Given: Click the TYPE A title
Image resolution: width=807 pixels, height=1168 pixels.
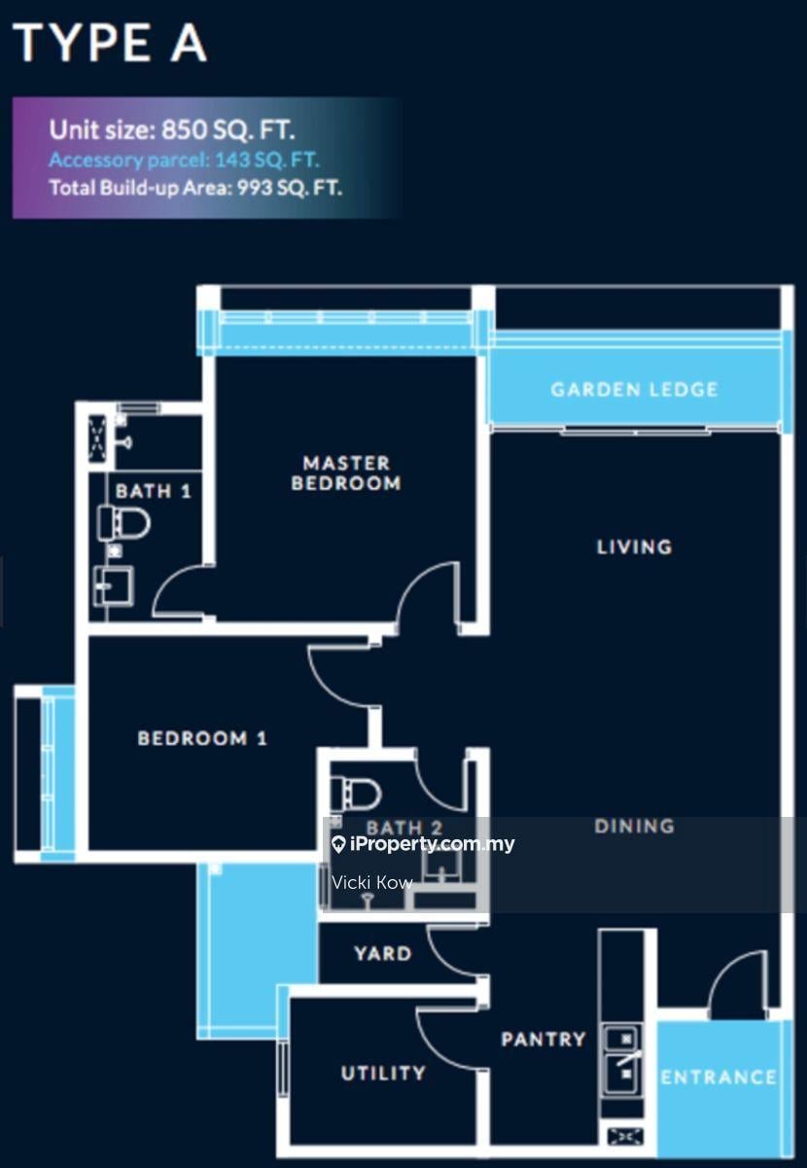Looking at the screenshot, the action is (111, 43).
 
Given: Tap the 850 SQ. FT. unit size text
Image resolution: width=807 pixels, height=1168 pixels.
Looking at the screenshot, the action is (228, 130).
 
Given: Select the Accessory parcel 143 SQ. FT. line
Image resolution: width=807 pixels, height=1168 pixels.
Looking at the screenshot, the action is (184, 159).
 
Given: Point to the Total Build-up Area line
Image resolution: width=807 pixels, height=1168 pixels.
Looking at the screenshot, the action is (195, 187).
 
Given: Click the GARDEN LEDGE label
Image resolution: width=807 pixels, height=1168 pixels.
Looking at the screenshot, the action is (635, 390).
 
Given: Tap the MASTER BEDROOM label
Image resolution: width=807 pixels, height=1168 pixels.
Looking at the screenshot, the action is (346, 473).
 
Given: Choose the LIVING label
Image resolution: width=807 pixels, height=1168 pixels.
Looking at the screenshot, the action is (635, 547).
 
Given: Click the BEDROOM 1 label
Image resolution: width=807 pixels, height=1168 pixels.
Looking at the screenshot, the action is (202, 738).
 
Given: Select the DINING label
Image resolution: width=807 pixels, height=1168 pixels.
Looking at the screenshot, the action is (635, 826).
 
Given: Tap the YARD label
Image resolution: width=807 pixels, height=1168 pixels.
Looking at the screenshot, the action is (383, 954).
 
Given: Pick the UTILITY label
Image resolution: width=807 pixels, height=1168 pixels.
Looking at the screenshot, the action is (383, 1073).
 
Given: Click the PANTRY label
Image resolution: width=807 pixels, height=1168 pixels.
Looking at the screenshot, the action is (544, 1040).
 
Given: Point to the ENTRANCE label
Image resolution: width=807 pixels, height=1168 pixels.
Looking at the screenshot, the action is (719, 1078).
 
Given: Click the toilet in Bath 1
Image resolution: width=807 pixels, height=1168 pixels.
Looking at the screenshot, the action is (123, 523).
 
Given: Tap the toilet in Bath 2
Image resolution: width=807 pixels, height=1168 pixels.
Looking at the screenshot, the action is (356, 794).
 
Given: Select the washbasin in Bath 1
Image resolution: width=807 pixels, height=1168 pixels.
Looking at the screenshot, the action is (113, 586).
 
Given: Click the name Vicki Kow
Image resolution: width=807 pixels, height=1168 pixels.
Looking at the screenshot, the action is (372, 882).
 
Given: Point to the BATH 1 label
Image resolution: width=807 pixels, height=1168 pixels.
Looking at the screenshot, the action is (154, 491).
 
